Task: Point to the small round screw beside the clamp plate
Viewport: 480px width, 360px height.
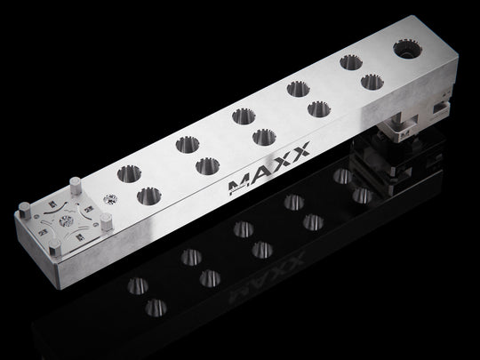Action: point(109,197)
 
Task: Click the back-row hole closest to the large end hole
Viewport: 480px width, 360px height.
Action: point(348,64)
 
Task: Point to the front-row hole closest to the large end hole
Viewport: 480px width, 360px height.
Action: point(371,83)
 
